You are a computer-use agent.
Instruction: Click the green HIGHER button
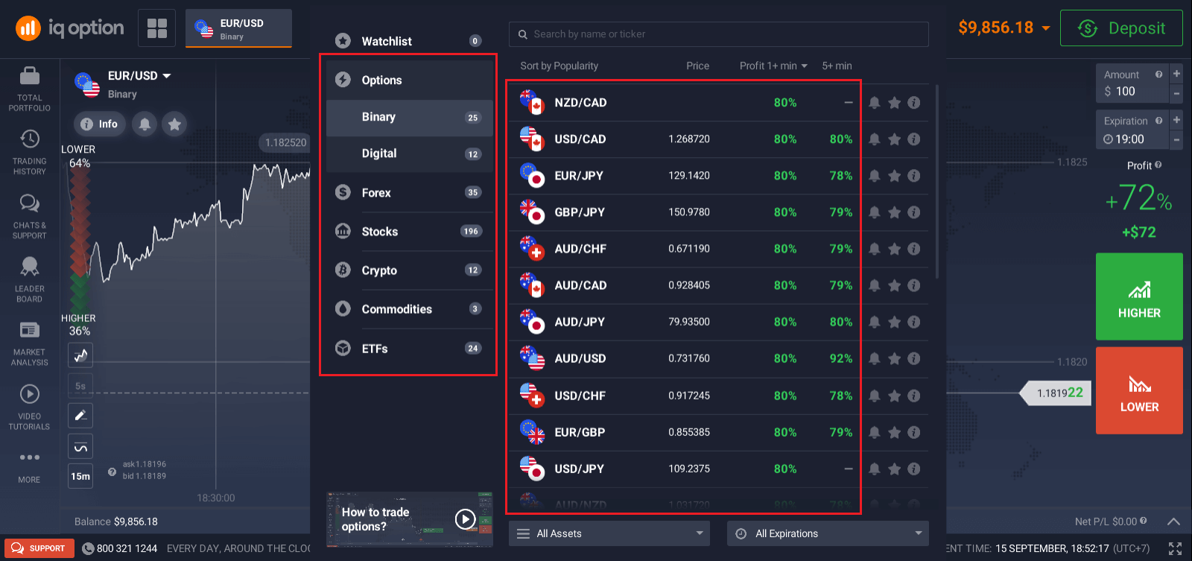coord(1139,297)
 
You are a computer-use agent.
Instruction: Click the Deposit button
coord(1121,28)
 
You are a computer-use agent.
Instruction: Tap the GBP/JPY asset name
coord(580,212)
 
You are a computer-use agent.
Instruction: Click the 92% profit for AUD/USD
coord(840,358)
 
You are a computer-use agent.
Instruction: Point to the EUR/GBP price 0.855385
coord(689,432)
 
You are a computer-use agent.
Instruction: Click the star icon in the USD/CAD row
coord(894,139)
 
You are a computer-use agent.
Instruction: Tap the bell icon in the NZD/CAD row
coord(875,103)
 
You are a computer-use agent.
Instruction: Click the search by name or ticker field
coord(719,34)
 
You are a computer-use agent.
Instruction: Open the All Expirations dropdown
coord(828,533)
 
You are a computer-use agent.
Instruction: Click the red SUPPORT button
coord(39,548)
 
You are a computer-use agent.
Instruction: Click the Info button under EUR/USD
coord(99,124)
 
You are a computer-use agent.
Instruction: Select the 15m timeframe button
coord(80,476)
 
